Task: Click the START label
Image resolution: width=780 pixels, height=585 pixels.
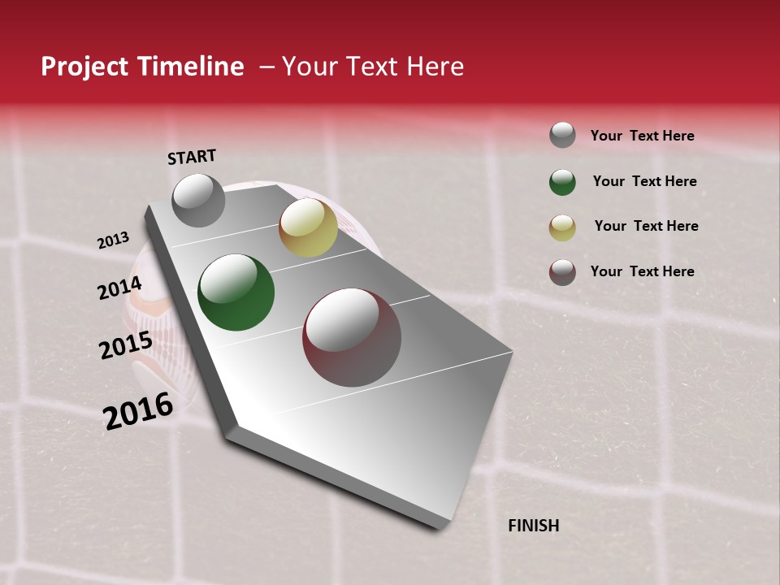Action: click(192, 157)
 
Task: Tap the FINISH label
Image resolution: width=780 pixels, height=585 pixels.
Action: click(534, 526)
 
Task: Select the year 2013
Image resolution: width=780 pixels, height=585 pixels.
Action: click(114, 240)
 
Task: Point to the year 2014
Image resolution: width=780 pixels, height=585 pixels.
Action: click(120, 288)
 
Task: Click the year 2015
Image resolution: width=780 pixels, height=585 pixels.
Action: click(126, 345)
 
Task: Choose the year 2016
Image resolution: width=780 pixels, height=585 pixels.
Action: click(138, 411)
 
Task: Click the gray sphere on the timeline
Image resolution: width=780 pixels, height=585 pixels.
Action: click(198, 200)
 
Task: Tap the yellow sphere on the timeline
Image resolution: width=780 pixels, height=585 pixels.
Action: click(308, 227)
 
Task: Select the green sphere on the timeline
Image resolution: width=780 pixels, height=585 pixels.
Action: click(236, 292)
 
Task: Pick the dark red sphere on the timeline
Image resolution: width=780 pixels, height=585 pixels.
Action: click(352, 337)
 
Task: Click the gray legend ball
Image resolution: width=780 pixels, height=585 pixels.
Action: click(562, 135)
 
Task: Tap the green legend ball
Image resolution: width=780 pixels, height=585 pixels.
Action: click(562, 181)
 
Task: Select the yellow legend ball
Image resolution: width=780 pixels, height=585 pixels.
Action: click(562, 227)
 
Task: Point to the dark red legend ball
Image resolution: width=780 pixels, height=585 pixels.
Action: click(562, 272)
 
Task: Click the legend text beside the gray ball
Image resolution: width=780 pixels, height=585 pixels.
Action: click(642, 136)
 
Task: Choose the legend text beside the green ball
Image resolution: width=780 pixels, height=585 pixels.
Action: click(644, 181)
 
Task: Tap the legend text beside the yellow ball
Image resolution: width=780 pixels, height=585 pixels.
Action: click(646, 226)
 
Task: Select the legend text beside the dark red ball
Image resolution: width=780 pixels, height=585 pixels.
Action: click(642, 271)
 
